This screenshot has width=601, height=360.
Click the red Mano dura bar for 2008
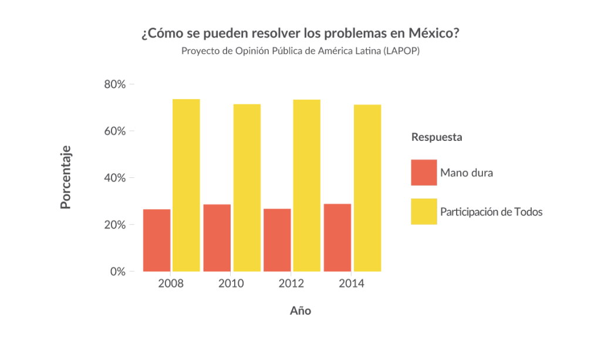coord(157,240)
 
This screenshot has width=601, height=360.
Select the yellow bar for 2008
coord(186,185)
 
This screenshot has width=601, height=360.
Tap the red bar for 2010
coord(217,238)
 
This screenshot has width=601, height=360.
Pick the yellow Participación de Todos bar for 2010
coord(247,187)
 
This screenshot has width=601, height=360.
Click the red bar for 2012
coord(277,240)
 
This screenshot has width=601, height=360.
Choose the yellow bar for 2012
coord(307,186)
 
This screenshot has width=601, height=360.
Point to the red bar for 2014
coord(337,238)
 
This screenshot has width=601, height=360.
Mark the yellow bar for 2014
coord(367,188)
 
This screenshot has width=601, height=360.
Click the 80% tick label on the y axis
coord(115,85)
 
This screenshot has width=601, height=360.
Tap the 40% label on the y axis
coord(115,178)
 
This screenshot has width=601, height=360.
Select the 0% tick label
coord(118,272)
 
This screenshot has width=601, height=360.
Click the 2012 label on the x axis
coord(292,284)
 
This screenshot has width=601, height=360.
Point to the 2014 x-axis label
coord(352,284)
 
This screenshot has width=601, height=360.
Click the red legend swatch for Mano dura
coord(424,173)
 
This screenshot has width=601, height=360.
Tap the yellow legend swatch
coord(424,211)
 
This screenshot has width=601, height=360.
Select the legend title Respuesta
coord(437,137)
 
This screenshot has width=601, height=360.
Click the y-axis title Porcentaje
coord(66,177)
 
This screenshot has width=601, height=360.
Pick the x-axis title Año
coord(300,311)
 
